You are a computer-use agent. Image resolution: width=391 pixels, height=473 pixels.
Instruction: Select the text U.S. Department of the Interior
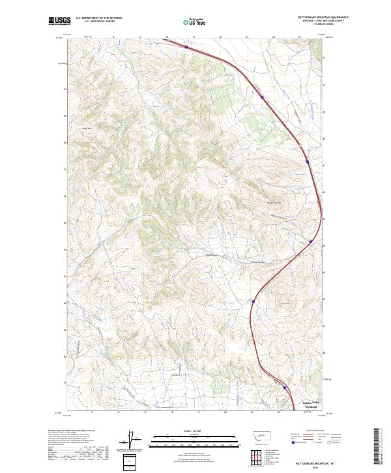(98, 18)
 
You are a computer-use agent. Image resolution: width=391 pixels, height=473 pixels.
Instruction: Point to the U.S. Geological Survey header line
(98, 22)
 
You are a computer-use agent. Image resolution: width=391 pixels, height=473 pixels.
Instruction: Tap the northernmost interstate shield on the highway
(186, 47)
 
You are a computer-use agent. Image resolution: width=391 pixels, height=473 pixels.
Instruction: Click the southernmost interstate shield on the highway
(284, 387)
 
